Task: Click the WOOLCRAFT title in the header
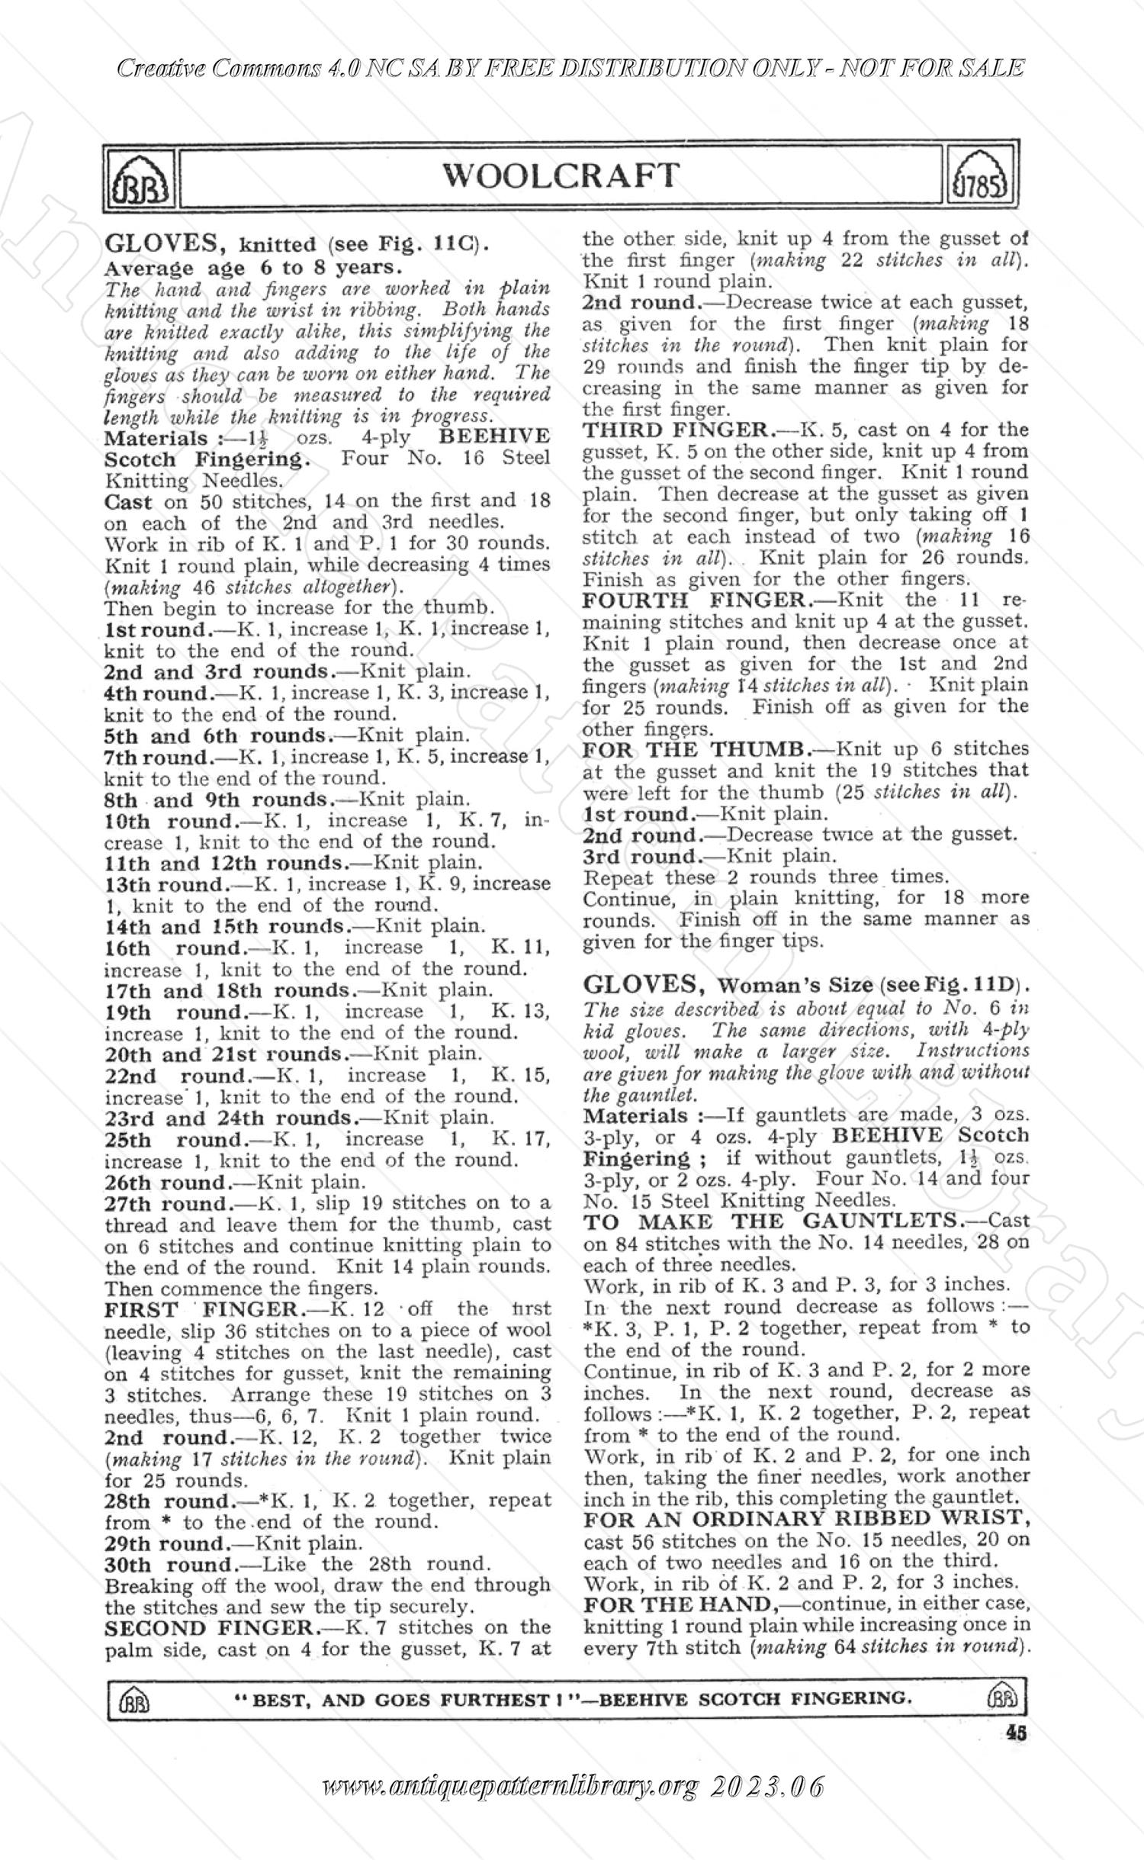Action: pos(561,175)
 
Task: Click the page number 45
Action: pos(1015,1733)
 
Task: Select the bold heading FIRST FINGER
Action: pos(204,1309)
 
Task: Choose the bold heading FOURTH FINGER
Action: pos(693,600)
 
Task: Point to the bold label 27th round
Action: pos(167,1203)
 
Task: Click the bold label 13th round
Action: pos(166,884)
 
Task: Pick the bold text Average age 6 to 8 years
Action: pos(252,268)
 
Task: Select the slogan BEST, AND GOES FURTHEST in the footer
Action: pos(396,1698)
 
